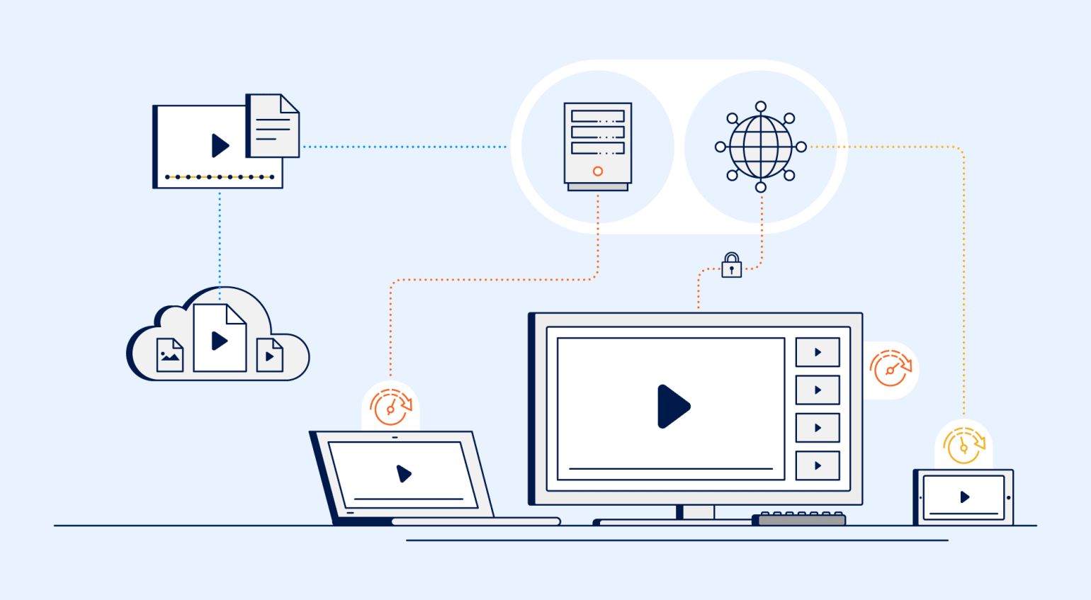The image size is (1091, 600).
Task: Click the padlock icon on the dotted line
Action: (x=732, y=266)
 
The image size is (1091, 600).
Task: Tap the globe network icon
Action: (x=760, y=147)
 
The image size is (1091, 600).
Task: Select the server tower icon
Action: (x=598, y=146)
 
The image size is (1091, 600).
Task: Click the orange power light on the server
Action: (x=598, y=171)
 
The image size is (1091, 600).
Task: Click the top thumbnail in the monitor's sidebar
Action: (x=818, y=352)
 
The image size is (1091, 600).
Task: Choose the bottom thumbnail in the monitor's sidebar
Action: (x=818, y=465)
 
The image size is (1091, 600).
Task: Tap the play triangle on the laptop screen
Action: (x=404, y=473)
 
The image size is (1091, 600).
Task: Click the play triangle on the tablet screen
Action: (x=964, y=497)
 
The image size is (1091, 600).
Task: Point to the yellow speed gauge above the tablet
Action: (x=964, y=445)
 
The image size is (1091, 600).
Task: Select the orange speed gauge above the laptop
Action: (x=390, y=407)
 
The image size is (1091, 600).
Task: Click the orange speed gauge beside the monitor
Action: (x=891, y=368)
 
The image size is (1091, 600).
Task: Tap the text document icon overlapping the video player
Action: (x=273, y=125)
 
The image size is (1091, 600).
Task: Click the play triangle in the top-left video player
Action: (x=220, y=146)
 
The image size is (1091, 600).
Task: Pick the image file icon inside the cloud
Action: (x=170, y=355)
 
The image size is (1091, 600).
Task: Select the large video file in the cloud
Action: (x=220, y=339)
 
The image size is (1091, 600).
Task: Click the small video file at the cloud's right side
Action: (x=269, y=355)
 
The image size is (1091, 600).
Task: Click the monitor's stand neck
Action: (x=699, y=512)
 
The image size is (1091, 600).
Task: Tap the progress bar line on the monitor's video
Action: (x=670, y=469)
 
